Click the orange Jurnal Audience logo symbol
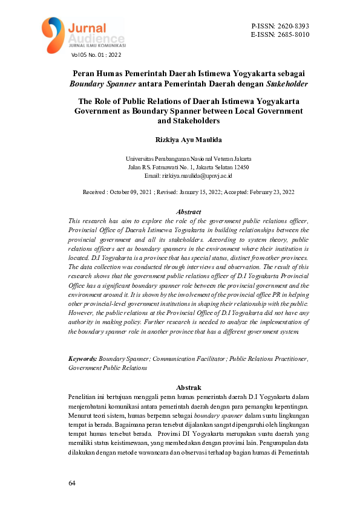53,33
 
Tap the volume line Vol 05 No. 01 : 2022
96,55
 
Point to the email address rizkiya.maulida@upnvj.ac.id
197,175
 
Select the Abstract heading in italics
188,212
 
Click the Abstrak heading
188,387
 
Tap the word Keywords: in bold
83,358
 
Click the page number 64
72,484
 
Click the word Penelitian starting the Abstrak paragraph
83,397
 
